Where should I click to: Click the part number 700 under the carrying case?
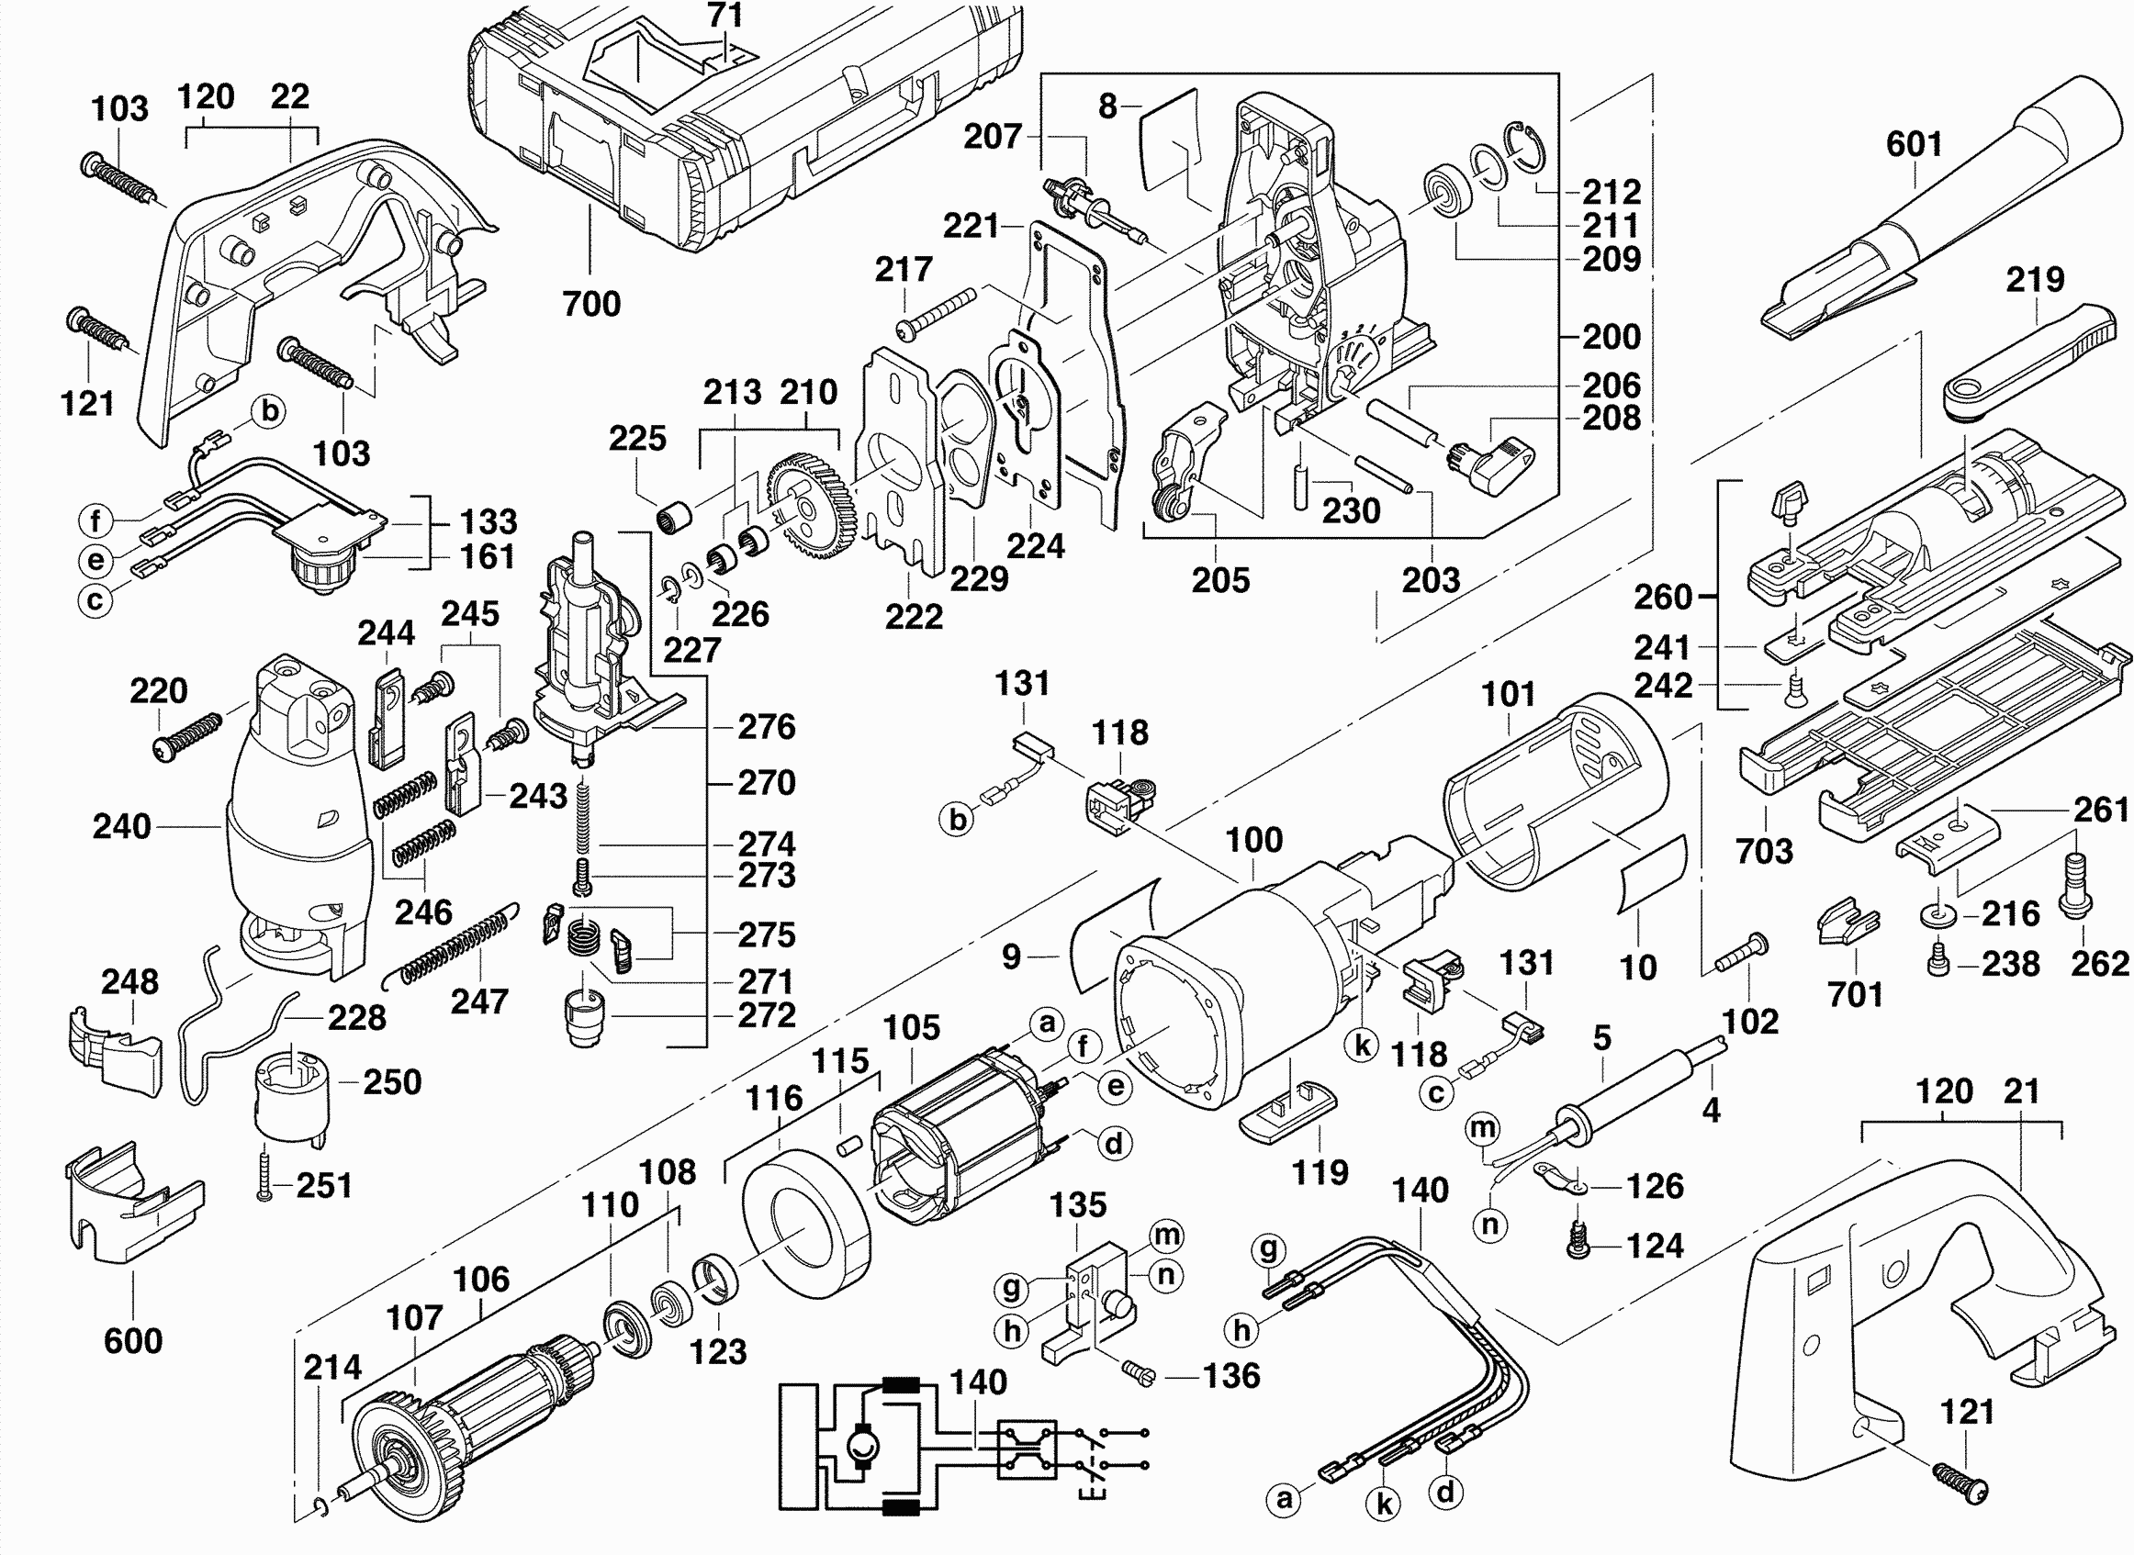[x=591, y=304]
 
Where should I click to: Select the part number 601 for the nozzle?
[x=1914, y=145]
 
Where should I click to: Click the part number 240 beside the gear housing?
[x=121, y=826]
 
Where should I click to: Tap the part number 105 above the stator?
[x=911, y=1027]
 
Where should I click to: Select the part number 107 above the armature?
[x=414, y=1318]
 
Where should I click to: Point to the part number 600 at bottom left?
[x=133, y=1340]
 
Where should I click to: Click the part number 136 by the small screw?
[x=1231, y=1376]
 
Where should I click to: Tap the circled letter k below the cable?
[x=1384, y=1505]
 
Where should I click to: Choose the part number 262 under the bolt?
[x=2099, y=963]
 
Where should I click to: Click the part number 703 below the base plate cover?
[x=1764, y=851]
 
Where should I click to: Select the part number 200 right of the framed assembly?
[x=1612, y=336]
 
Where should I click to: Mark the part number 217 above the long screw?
[x=904, y=269]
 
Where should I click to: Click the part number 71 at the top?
[x=724, y=15]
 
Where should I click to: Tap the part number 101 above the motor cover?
[x=1508, y=695]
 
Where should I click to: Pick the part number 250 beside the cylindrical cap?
[x=391, y=1082]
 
